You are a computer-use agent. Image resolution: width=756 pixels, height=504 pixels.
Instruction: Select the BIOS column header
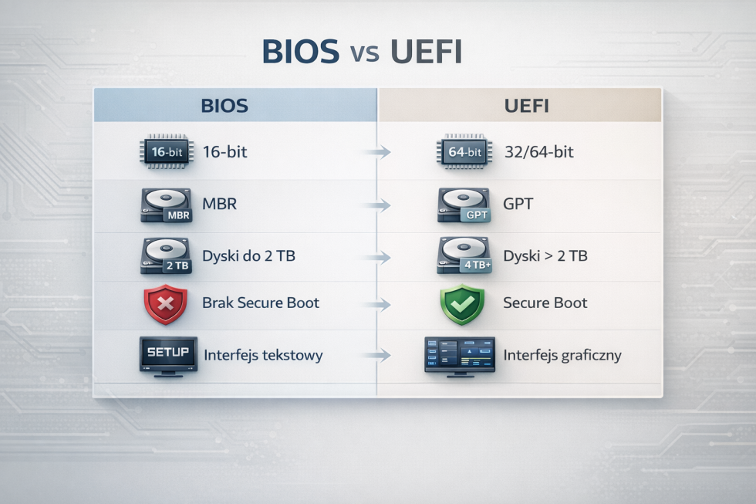point(224,106)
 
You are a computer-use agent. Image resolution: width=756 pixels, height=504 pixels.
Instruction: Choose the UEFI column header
point(526,106)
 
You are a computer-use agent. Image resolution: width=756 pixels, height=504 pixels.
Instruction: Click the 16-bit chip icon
point(165,152)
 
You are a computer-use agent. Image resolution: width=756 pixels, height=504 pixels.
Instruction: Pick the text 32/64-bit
point(538,152)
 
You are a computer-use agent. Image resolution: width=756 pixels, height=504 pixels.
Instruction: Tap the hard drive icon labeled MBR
point(165,206)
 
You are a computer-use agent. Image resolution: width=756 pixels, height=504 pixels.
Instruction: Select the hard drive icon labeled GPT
point(463,206)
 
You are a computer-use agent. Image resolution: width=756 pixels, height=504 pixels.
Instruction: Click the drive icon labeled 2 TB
point(165,255)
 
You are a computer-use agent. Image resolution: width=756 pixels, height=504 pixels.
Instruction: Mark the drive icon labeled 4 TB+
point(463,255)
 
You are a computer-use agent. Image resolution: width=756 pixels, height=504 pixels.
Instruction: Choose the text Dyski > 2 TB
point(545,255)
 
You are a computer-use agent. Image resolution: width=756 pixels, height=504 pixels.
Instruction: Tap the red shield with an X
point(165,304)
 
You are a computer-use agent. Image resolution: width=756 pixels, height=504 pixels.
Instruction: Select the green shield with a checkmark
point(461,304)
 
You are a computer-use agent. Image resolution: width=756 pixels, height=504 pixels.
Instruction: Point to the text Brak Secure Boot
point(261,303)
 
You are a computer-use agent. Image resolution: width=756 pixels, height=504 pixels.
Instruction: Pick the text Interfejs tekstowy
point(263,356)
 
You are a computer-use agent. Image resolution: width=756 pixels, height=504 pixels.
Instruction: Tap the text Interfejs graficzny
point(562,356)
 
